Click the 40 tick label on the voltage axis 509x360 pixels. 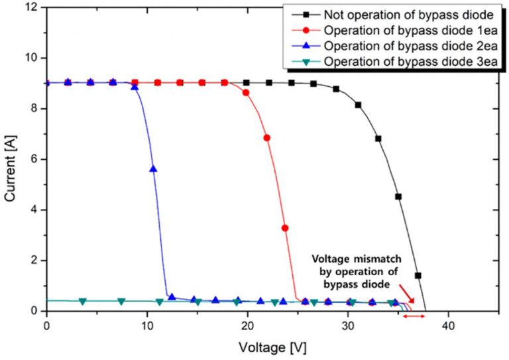[448, 327]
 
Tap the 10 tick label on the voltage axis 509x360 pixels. [146, 327]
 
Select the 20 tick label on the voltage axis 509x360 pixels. [247, 327]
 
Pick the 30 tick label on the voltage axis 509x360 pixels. [348, 327]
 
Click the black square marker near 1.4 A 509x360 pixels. [418, 275]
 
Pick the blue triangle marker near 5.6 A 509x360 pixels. [154, 169]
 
